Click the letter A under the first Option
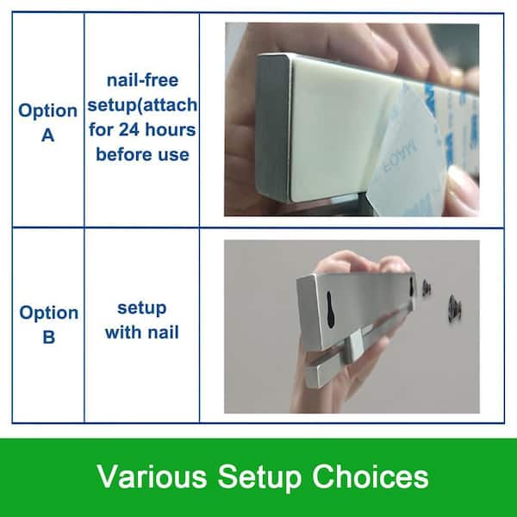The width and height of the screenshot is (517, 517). pos(47,135)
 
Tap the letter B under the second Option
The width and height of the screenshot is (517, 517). pos(49,337)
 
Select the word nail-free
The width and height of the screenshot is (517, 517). pos(142,80)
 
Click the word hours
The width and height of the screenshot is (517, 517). pos(171,129)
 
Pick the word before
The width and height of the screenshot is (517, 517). pos(125,154)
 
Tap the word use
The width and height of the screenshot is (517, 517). pos(173,155)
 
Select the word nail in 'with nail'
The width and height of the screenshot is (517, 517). pos(163,332)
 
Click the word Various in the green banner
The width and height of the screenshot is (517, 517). pos(152,477)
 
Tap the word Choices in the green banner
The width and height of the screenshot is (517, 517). pos(370,477)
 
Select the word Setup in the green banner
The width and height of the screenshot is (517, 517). pos(259,479)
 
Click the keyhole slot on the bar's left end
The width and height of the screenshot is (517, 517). pos(330,309)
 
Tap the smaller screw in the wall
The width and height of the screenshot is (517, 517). pos(427,287)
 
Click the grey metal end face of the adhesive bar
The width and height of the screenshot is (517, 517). pos(273,127)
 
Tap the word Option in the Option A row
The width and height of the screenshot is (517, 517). pos(47,111)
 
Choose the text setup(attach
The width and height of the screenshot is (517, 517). pos(142,105)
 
